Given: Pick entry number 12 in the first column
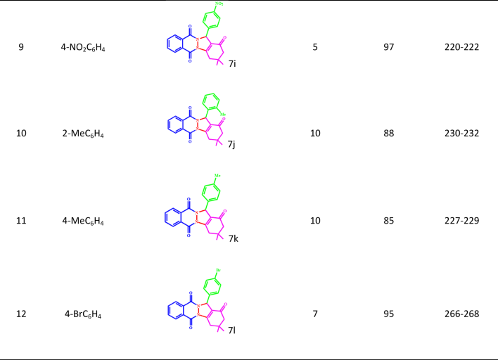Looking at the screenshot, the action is pos(21,314).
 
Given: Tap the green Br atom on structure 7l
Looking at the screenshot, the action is pos(219,269).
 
